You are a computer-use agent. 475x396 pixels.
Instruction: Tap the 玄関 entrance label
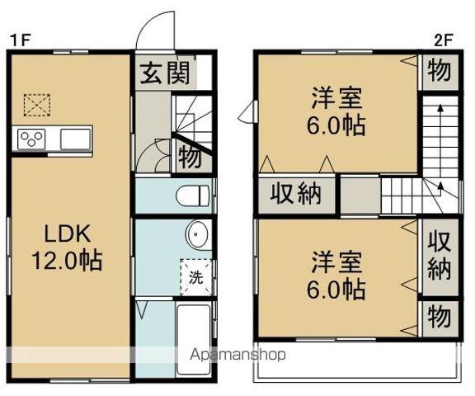(163, 73)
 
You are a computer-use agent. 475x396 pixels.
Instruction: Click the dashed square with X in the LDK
(36, 106)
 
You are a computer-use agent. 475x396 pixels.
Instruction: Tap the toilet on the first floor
(193, 196)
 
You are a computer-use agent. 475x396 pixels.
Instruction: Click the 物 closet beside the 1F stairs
(186, 154)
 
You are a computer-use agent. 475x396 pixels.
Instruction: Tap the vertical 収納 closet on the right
(438, 257)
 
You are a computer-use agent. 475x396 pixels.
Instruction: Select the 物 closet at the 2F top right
(439, 72)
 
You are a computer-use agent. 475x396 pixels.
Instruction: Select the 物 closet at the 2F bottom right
(439, 318)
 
